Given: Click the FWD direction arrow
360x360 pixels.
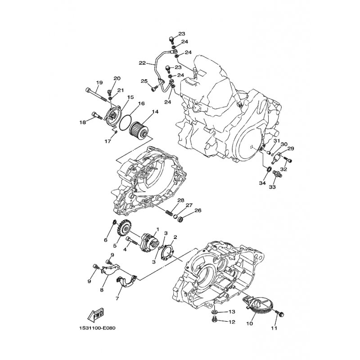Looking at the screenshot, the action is (95, 314).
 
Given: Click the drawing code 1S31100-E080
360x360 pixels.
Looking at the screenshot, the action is (96, 328).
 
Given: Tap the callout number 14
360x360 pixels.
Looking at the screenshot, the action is (155, 112).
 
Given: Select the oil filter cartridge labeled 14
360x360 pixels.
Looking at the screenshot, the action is (138, 130).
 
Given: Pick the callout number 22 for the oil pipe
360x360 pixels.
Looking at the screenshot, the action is (142, 63).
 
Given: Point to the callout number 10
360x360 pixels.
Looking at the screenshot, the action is (250, 324).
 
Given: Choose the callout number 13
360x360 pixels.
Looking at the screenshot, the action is (232, 311).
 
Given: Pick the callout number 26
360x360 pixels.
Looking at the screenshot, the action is (198, 210).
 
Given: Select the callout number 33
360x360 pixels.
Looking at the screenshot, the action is (272, 187).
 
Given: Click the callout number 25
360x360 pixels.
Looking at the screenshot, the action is (144, 81).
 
